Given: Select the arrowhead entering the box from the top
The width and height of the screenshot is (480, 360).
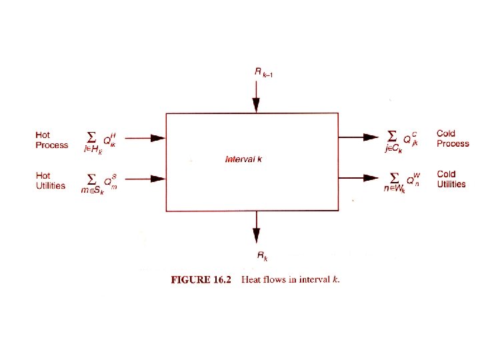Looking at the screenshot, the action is pyautogui.click(x=256, y=105).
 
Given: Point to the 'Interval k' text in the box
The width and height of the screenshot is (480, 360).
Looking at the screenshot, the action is pyautogui.click(x=244, y=159).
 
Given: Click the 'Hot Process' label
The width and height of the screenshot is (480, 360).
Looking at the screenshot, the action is pyautogui.click(x=51, y=140).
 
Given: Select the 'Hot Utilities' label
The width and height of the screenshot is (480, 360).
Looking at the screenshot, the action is pyautogui.click(x=51, y=180).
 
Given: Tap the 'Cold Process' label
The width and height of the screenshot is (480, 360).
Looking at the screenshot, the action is pyautogui.click(x=453, y=139).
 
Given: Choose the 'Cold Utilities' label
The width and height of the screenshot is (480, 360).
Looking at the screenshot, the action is pyautogui.click(x=452, y=179).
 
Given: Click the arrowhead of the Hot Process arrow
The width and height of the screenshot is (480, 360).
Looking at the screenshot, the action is pyautogui.click(x=157, y=138).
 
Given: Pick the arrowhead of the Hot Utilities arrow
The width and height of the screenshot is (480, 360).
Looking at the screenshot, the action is pyautogui.click(x=157, y=178).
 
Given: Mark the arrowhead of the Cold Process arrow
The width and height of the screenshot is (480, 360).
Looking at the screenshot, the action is pyautogui.click(x=371, y=137).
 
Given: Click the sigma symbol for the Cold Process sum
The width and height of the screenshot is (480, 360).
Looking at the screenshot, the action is pyautogui.click(x=395, y=135).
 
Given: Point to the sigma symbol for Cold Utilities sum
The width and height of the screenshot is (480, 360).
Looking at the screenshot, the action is pyautogui.click(x=395, y=177).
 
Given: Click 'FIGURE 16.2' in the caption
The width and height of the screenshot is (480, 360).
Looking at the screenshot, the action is pyautogui.click(x=201, y=280).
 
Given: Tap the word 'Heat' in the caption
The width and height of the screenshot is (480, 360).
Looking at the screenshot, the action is pyautogui.click(x=253, y=280).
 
